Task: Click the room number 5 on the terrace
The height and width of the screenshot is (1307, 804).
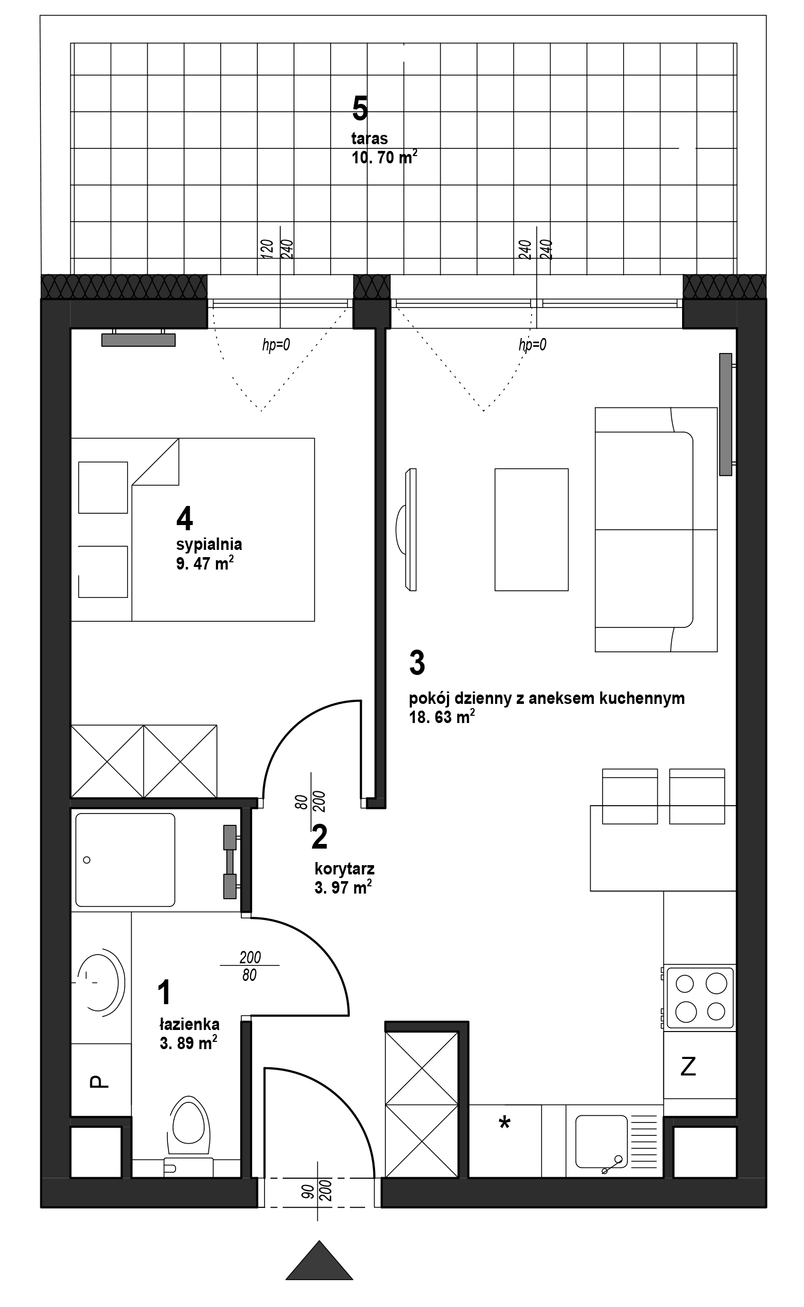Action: pyautogui.click(x=360, y=109)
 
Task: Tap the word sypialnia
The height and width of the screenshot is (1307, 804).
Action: pyautogui.click(x=209, y=545)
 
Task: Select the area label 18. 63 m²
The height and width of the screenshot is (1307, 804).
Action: pyautogui.click(x=441, y=717)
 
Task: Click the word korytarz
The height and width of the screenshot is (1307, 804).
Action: pyautogui.click(x=345, y=869)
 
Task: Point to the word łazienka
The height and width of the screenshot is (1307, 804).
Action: pyautogui.click(x=189, y=1024)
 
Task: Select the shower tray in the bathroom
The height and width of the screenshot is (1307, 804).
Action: pyautogui.click(x=125, y=860)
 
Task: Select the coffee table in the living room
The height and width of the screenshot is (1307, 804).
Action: pyautogui.click(x=531, y=530)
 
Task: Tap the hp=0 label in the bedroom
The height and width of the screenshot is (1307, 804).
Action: pyautogui.click(x=276, y=345)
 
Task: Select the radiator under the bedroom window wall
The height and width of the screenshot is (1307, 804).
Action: pyautogui.click(x=138, y=339)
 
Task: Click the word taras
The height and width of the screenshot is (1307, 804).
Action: pyautogui.click(x=369, y=139)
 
